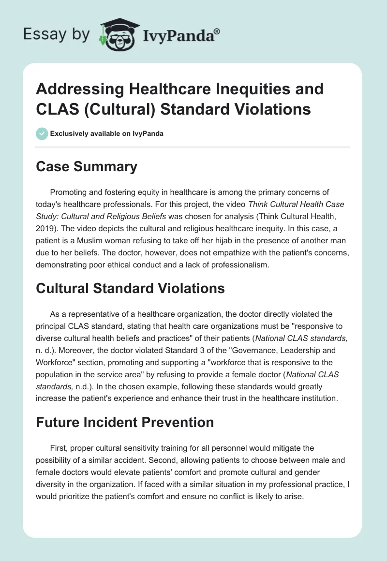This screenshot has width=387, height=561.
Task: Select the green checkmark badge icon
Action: pyautogui.click(x=43, y=133)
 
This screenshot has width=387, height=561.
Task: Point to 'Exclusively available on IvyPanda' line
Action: pyautogui.click(x=106, y=133)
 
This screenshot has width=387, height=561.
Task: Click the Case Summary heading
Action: pyautogui.click(x=87, y=167)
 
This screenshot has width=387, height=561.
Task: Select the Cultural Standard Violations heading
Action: pyautogui.click(x=131, y=289)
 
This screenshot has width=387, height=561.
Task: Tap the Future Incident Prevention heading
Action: pyautogui.click(x=125, y=422)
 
